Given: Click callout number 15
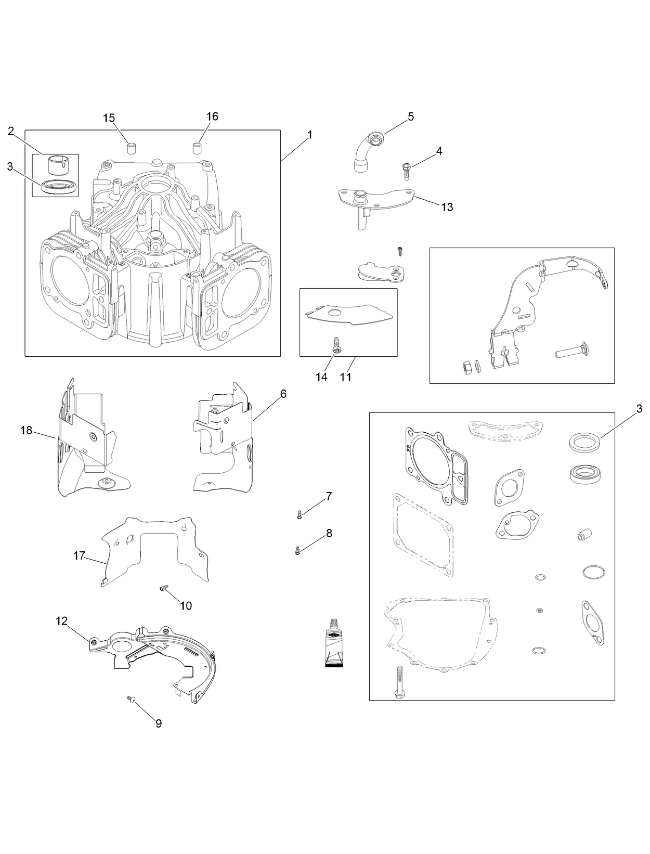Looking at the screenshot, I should [x=109, y=118].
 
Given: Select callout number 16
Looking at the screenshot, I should [x=212, y=116].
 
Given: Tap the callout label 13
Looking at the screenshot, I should [x=447, y=207].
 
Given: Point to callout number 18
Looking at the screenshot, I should [x=27, y=430].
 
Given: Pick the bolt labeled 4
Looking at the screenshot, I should [x=406, y=171].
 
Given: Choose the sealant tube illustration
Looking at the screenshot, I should [x=333, y=643].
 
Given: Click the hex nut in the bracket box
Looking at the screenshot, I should [x=466, y=367].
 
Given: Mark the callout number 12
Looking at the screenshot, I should [x=62, y=621].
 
